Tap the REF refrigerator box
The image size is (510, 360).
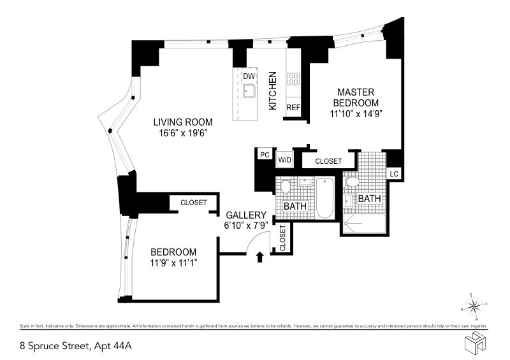(x=293, y=108)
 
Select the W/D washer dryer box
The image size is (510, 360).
(x=284, y=159)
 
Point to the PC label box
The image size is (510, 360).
(x=264, y=154)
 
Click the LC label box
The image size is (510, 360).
(x=394, y=173)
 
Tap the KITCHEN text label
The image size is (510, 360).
(x=272, y=90)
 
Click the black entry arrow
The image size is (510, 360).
(x=259, y=257)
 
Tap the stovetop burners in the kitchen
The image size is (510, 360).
(x=294, y=79)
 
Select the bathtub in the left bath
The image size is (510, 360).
(x=324, y=198)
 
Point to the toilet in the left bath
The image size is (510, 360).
(x=286, y=187)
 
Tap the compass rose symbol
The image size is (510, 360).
(x=474, y=307)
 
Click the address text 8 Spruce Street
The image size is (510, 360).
(x=54, y=347)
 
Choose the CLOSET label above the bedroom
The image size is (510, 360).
(x=194, y=203)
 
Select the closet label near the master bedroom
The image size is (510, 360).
(x=328, y=162)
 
